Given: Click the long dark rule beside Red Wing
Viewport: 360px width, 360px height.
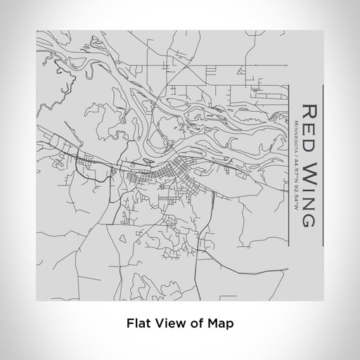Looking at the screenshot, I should pos(322,166).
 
